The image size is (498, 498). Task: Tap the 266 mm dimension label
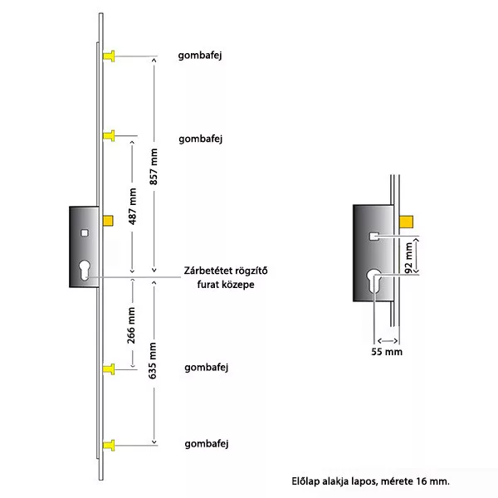pos(134,326)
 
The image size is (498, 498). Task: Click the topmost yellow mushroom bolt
pos(109,56)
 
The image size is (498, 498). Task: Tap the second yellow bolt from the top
pos(109,135)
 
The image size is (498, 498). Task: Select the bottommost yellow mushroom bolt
pos(109,446)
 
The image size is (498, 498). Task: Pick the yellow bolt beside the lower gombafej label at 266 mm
pos(109,368)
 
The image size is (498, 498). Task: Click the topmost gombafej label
pos(203,56)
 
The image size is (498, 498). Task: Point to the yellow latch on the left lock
pos(107,221)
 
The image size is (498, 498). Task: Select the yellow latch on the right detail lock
pos(405,220)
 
